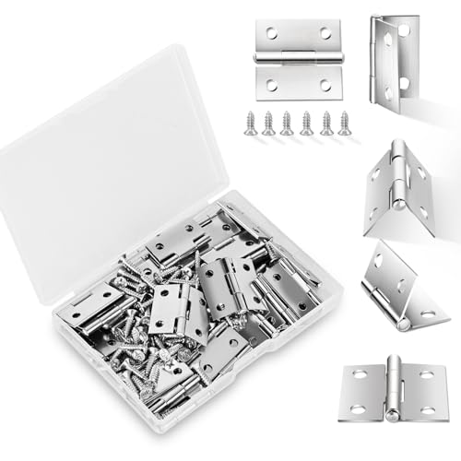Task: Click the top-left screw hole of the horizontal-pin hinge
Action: [x=270, y=33]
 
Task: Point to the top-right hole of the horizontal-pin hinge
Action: [x=325, y=33]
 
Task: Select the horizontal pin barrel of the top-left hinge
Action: [x=297, y=59]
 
